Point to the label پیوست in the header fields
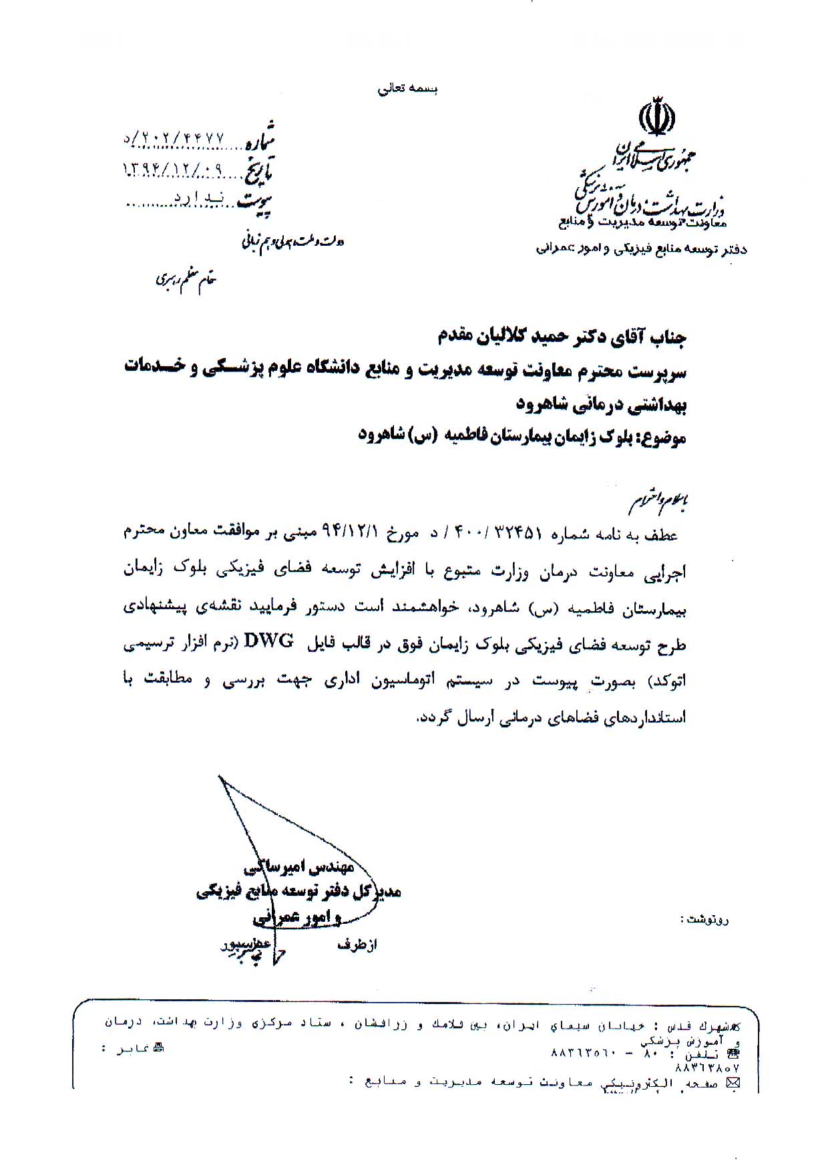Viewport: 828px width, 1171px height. [x=256, y=198]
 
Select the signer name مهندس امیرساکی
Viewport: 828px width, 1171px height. [x=298, y=868]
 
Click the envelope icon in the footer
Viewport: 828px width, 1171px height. [x=734, y=1083]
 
